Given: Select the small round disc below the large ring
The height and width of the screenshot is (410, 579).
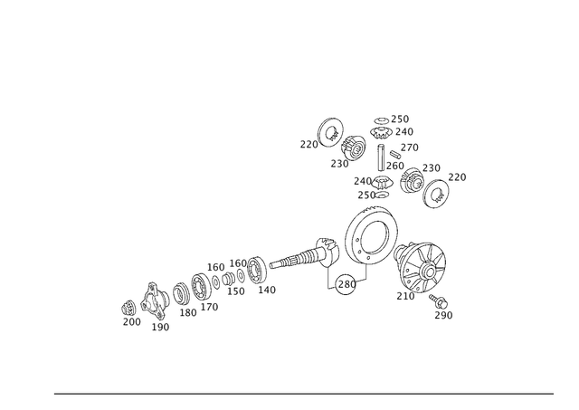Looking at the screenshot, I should click(345, 285).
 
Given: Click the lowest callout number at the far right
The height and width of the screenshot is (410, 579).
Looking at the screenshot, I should click(444, 315).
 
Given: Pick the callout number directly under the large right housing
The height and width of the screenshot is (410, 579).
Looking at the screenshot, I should click(402, 296).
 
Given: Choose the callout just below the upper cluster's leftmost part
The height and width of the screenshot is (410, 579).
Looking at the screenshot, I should click(340, 164).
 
